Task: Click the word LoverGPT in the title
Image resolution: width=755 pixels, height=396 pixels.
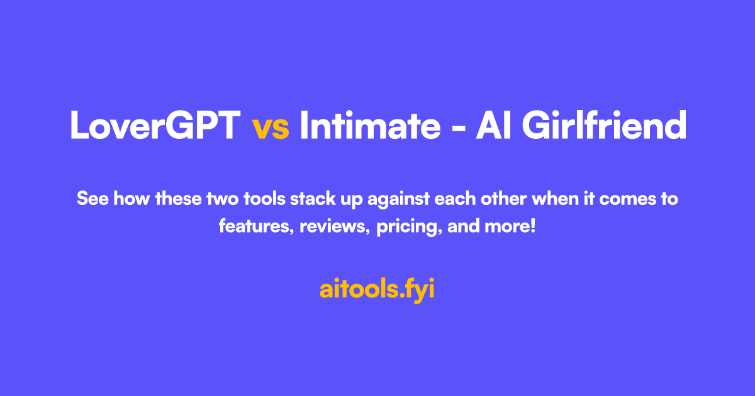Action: [x=155, y=126]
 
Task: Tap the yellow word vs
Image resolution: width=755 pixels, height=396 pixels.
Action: [x=271, y=128]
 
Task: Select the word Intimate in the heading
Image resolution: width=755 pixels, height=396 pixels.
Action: [x=370, y=126]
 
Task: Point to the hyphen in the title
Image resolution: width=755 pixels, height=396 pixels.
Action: [x=458, y=129]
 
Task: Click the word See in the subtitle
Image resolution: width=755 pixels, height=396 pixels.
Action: [x=92, y=200]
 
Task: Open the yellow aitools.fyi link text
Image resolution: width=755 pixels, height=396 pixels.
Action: [x=377, y=290]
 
